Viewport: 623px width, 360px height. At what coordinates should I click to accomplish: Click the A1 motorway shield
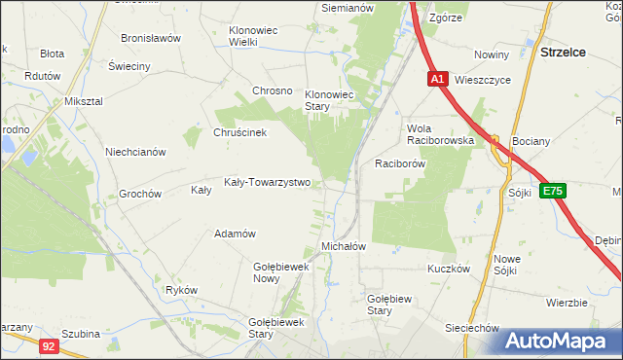click(x=437, y=79)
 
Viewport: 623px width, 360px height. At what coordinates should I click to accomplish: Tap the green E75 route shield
click(x=554, y=191)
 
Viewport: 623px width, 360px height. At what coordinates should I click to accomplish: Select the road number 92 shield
click(x=49, y=343)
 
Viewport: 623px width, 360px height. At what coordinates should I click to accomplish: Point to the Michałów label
click(x=344, y=246)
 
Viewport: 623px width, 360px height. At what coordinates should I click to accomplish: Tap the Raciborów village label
click(x=400, y=164)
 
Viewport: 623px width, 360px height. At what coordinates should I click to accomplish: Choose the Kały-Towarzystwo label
click(x=267, y=182)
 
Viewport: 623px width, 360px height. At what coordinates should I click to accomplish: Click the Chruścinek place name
click(x=239, y=132)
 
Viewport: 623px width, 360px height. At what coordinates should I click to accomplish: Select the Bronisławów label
click(x=151, y=38)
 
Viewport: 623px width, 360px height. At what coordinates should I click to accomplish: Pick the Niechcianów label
click(x=136, y=152)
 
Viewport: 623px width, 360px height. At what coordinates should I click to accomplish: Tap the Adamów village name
click(x=235, y=234)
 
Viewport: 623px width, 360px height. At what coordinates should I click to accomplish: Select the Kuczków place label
click(x=449, y=268)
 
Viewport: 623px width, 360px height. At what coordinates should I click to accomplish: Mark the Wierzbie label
click(x=567, y=303)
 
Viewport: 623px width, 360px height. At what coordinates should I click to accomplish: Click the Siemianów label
click(x=348, y=8)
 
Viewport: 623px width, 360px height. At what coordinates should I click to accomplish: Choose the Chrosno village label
click(x=273, y=90)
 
